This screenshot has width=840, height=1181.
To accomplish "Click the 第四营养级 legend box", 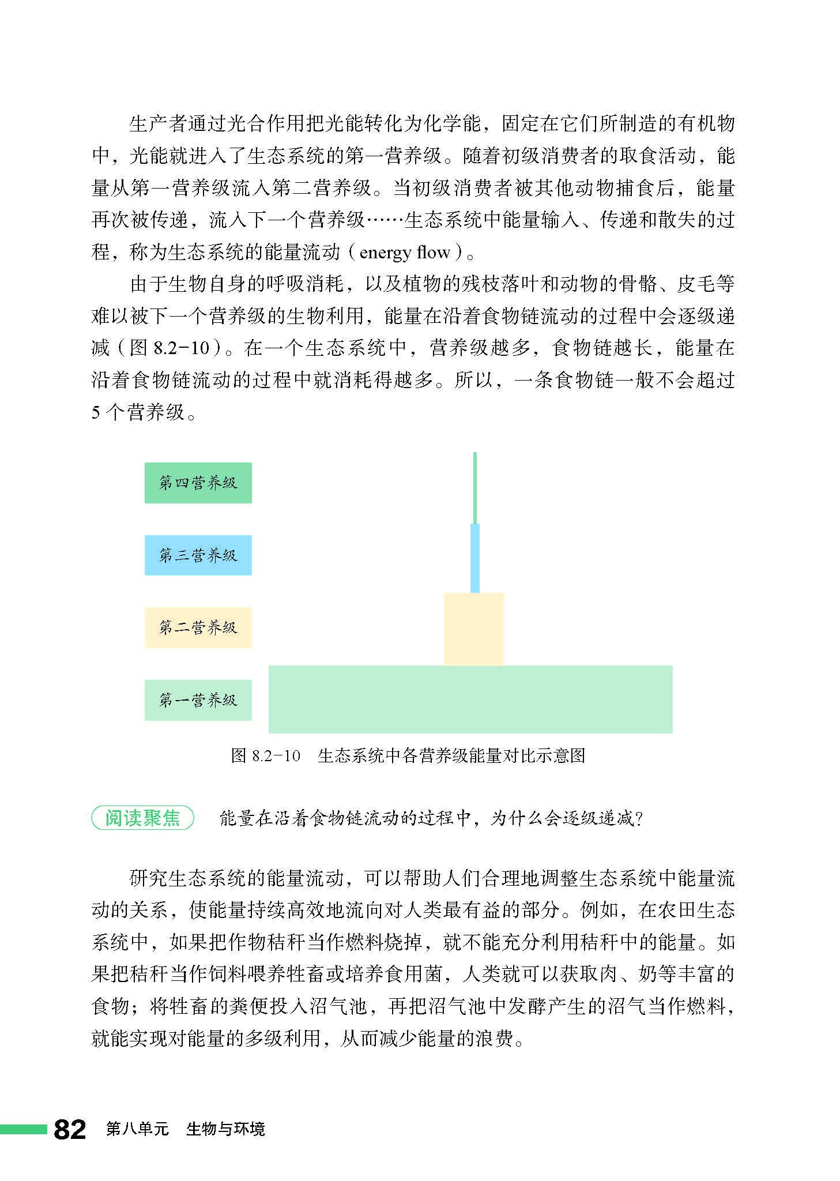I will point(198,483).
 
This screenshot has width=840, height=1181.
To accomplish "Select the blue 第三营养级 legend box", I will point(198,555).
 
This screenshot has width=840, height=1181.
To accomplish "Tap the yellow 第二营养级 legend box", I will point(198,627).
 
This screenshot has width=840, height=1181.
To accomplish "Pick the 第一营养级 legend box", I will point(198,700).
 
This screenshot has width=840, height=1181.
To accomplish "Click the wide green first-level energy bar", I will point(470,699).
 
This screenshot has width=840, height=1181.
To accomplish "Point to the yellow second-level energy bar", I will point(474,629).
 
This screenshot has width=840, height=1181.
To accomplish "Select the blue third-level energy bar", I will point(475,558).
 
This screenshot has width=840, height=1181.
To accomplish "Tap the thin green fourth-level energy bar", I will point(475,488).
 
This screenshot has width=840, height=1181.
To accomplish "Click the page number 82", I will point(70,1129).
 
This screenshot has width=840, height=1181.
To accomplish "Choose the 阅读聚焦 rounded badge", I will point(142,818).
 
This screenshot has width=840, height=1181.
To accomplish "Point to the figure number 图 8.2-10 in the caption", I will point(266,755).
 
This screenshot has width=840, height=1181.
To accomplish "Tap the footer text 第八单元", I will point(137,1129).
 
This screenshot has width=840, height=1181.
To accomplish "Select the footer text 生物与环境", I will point(225,1129).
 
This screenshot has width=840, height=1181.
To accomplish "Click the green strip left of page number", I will point(23,1129).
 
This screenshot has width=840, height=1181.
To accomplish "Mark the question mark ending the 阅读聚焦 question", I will point(638,818).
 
